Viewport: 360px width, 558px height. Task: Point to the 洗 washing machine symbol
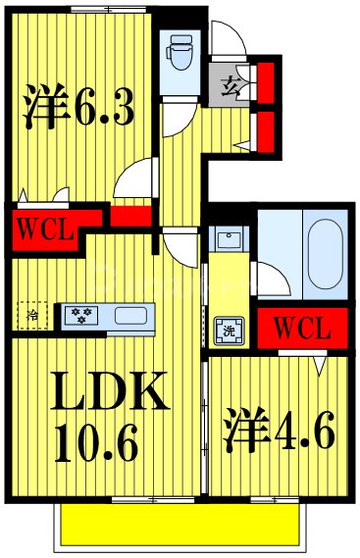tap(226, 330)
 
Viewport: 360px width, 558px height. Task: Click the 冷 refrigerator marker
tap(32, 315)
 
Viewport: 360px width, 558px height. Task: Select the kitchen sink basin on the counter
tap(129, 316)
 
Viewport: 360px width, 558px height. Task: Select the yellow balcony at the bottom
tap(177, 525)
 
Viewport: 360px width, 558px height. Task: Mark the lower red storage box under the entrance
tap(263, 128)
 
